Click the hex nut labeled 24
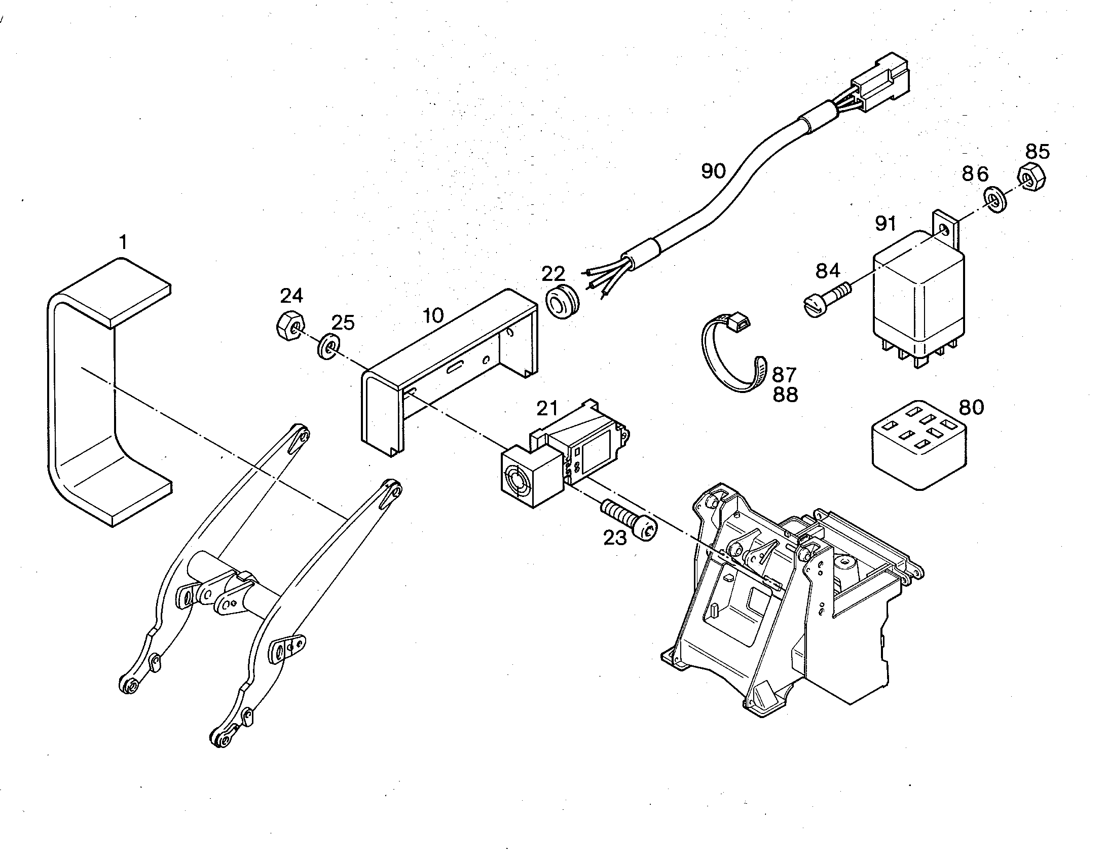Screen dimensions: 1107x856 (290, 325)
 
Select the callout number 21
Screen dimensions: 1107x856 (547, 408)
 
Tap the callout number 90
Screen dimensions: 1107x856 (714, 171)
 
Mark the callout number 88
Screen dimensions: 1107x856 (785, 394)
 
